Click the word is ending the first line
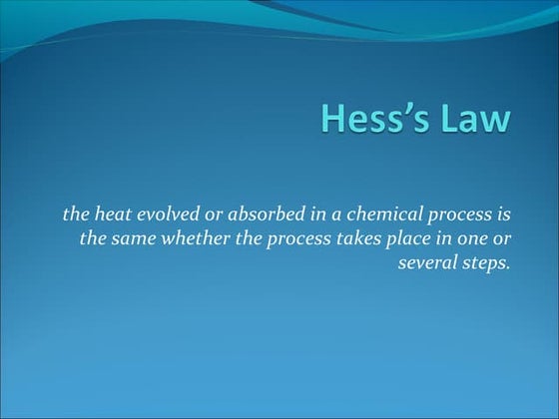[x=502, y=212]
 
